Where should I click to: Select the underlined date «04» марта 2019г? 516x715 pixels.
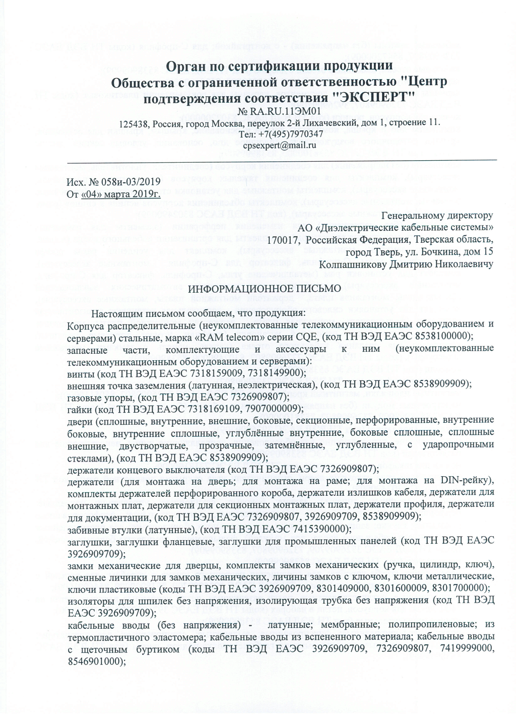(121, 194)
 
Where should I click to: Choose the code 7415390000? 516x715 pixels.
(316, 529)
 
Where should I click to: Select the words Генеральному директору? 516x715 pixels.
(437, 216)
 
